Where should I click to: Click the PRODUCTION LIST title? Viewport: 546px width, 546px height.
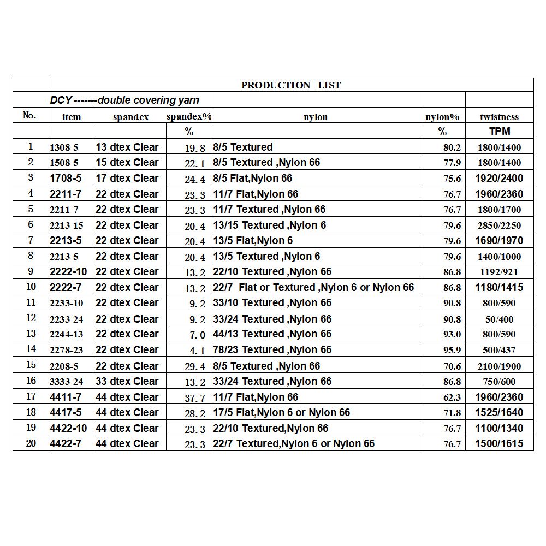[x=290, y=85]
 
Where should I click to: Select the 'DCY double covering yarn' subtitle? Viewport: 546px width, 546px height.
[x=124, y=100]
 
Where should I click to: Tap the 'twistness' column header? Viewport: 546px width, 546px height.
[x=499, y=117]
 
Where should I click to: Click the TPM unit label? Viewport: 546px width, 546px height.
[x=499, y=132]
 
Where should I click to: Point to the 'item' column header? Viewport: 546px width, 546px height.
[x=72, y=117]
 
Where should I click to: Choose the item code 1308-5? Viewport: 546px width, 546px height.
[x=64, y=147]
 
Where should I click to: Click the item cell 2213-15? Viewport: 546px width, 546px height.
[x=67, y=225]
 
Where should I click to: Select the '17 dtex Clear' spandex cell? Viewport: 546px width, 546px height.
[x=127, y=178]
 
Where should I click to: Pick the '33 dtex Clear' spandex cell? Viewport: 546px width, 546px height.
[x=127, y=381]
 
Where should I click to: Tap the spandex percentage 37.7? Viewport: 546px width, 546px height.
[x=195, y=398]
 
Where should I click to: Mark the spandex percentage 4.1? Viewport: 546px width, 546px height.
[x=195, y=351]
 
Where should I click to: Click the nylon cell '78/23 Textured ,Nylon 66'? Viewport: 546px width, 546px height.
[x=272, y=349]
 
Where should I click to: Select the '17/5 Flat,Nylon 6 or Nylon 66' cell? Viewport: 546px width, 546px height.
[x=281, y=412]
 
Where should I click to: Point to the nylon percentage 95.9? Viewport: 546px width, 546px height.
[x=452, y=350]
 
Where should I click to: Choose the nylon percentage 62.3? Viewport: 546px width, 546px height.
[x=452, y=397]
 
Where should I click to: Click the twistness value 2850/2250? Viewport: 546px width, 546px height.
[x=499, y=225]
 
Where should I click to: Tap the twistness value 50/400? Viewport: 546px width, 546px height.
[x=499, y=319]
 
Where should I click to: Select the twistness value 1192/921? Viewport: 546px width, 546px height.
[x=499, y=272]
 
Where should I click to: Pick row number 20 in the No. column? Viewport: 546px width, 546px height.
[x=31, y=443]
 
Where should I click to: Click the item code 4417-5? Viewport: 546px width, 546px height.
[x=65, y=412]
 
